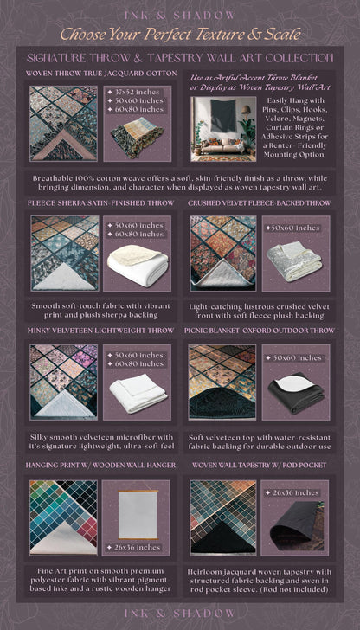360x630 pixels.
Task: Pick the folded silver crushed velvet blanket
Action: coord(294,260)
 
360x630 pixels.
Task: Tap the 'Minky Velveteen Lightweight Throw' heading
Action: coord(100,331)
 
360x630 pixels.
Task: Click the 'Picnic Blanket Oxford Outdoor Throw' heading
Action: coord(260,331)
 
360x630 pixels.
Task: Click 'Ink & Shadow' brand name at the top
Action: coord(180,15)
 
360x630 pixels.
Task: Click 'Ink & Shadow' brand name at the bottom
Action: coord(180,612)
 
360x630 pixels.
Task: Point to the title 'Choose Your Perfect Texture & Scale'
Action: coord(180,35)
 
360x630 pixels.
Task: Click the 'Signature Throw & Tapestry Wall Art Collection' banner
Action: coord(180,57)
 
